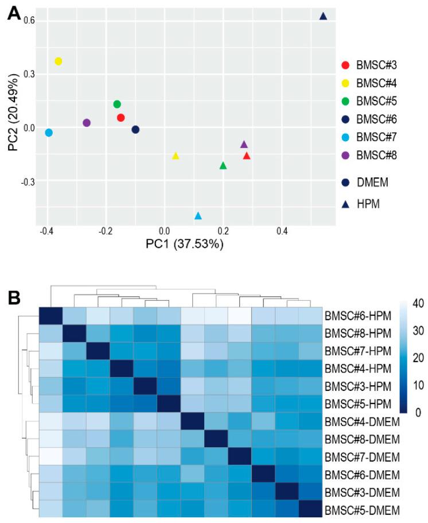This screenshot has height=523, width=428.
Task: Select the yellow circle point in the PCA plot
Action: click(58, 61)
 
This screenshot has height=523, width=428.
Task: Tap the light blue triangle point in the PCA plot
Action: click(198, 216)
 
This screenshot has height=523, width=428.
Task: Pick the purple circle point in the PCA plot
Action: click(87, 123)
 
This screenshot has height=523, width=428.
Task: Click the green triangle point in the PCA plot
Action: click(223, 166)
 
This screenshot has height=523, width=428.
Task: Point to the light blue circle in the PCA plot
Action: click(49, 133)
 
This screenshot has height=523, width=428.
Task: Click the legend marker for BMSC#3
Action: click(345, 65)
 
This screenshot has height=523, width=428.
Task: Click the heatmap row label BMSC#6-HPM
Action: click(356, 316)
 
